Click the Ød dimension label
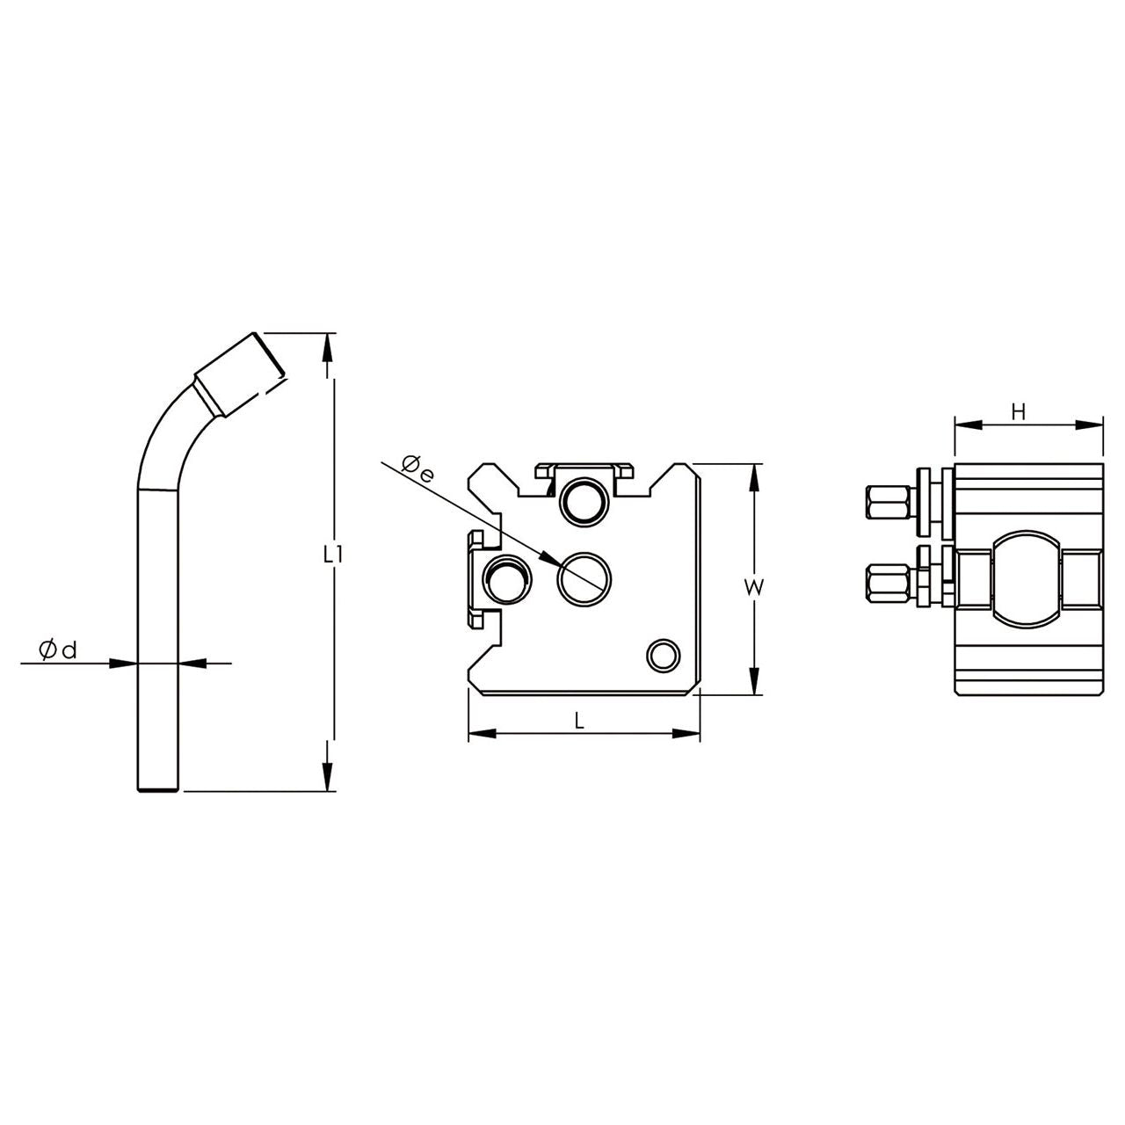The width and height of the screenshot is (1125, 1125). [58, 650]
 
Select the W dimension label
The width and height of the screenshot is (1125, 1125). [755, 588]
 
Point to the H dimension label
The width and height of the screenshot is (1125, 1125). [1018, 413]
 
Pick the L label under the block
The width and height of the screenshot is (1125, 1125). [579, 722]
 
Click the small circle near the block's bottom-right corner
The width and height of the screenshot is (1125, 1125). [664, 657]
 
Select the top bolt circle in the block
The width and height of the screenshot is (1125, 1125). [585, 502]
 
